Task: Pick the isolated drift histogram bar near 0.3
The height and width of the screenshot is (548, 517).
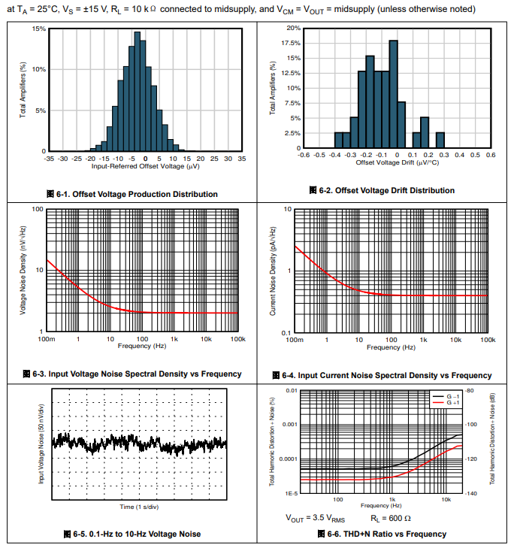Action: [x=440, y=141]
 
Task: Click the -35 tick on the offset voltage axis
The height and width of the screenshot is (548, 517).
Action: [x=49, y=159]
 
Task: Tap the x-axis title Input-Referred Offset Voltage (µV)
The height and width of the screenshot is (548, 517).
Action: [x=145, y=166]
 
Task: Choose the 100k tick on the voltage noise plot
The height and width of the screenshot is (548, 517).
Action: [x=237, y=340]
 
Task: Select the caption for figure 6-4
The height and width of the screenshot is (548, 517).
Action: [x=382, y=375]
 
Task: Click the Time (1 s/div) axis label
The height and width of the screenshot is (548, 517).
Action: [x=140, y=507]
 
